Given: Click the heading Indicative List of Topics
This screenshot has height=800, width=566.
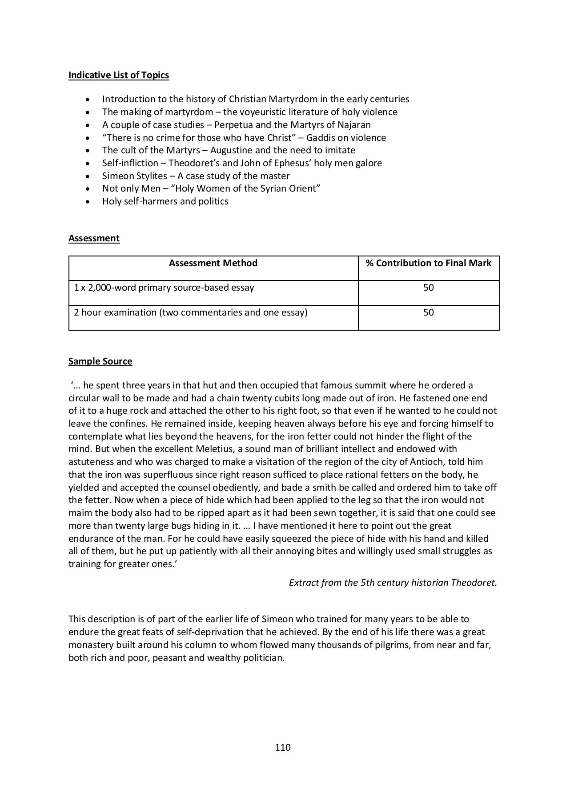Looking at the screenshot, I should point(119,75).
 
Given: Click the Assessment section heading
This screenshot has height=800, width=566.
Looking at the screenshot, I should point(94,238).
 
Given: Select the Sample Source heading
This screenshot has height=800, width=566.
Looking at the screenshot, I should point(100,361).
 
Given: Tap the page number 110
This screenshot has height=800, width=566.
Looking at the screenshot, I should point(283,748).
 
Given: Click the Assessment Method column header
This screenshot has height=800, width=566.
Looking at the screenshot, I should point(213,263).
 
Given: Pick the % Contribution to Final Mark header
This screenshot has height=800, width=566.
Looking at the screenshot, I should point(429,263).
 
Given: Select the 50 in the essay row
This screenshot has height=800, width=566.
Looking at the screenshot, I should point(429,288).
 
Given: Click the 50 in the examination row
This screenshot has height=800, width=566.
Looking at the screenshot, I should point(429,312).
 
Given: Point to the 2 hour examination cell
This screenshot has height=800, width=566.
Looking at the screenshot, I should point(191,312).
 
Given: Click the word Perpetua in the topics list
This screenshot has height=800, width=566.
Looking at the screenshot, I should point(233,125).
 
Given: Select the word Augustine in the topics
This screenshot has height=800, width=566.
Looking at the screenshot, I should point(231,150).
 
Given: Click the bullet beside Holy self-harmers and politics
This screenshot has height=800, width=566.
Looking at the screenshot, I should point(90,202).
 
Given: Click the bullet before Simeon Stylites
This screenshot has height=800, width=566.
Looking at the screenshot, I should point(90,176).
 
